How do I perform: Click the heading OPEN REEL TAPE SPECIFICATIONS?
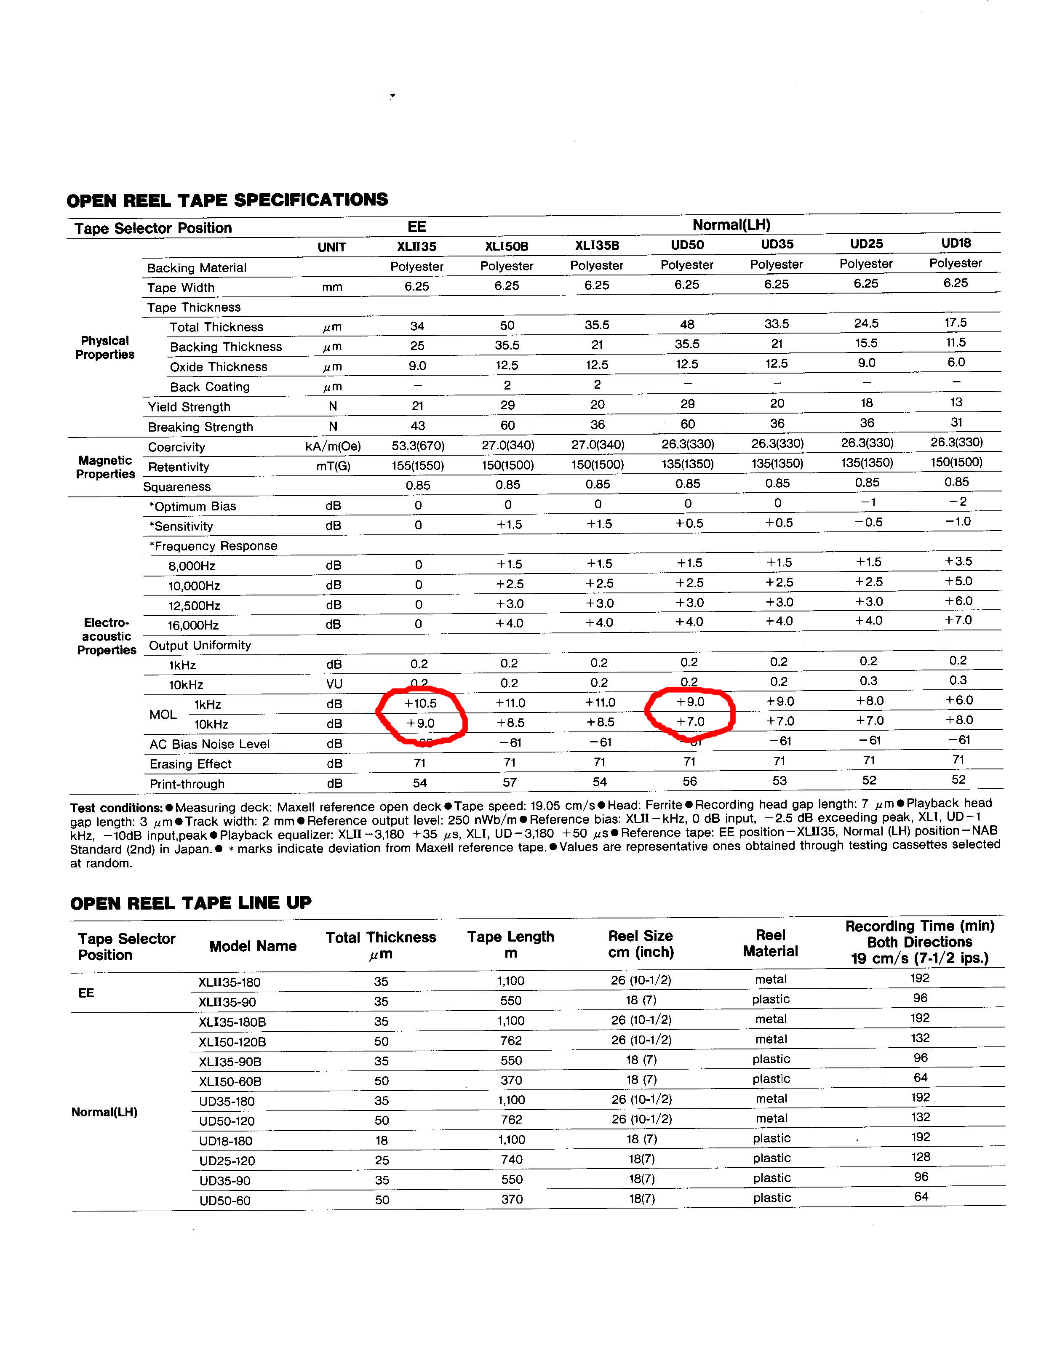pos(227,200)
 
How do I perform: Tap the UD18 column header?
pos(956,243)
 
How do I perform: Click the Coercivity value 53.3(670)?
pos(418,446)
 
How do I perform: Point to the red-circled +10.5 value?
pos(420,703)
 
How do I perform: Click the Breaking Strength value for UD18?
pos(956,422)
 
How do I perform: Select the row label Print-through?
pos(187,784)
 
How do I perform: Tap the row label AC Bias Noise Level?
pos(209,744)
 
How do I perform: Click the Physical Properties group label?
pos(105,347)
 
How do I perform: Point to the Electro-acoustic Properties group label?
pos(106,636)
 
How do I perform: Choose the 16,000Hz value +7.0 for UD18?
pos(958,620)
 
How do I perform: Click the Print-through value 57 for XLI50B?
pos(510,782)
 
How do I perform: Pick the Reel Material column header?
pos(770,943)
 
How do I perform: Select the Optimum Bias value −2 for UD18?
pos(957,501)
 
